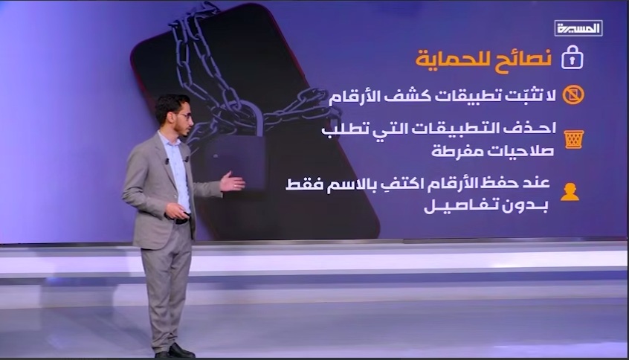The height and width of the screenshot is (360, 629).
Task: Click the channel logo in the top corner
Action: pos(578,28)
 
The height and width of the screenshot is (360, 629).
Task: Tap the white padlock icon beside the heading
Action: pos(572,57)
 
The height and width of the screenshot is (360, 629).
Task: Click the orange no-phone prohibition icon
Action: pos(572,95)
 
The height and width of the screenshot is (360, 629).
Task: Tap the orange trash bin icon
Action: pos(574,139)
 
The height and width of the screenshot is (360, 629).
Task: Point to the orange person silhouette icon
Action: pos(570,192)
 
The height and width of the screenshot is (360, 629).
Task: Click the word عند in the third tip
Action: pos(537,183)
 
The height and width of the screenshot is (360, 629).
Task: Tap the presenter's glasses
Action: pos(184,116)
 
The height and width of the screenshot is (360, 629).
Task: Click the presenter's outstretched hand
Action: pos(232,182)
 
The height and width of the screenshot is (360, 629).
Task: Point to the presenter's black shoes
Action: pos(175,351)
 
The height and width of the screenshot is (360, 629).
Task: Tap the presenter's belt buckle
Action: pos(181,221)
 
